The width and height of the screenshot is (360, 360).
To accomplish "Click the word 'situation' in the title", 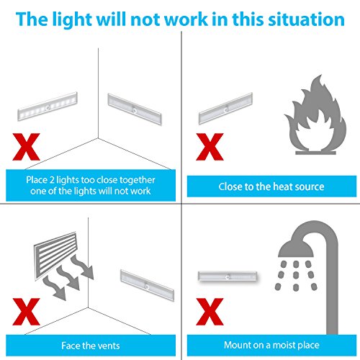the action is pyautogui.click(x=306, y=19).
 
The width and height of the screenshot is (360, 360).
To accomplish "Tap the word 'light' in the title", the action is pyautogui.click(x=72, y=20).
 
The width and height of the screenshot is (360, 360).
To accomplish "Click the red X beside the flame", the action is pyautogui.click(x=210, y=147).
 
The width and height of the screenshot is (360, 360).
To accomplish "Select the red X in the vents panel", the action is pyautogui.click(x=26, y=312).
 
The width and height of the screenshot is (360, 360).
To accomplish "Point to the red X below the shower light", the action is pyautogui.click(x=210, y=312).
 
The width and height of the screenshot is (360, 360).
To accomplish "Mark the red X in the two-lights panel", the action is pyautogui.click(x=26, y=147).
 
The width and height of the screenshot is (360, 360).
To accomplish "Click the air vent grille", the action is pyautogui.click(x=55, y=256).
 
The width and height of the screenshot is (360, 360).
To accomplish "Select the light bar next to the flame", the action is pyautogui.click(x=225, y=109).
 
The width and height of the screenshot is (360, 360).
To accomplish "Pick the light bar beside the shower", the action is pyautogui.click(x=228, y=277).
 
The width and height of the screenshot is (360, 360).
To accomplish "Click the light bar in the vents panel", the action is pyautogui.click(x=147, y=285).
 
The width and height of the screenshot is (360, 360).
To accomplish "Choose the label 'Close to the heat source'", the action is pyautogui.click(x=271, y=186).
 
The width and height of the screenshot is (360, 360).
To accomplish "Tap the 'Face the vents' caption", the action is pyautogui.click(x=91, y=346).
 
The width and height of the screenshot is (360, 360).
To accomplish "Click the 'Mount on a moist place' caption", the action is pyautogui.click(x=271, y=345).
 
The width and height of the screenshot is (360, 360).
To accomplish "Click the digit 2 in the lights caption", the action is pyautogui.click(x=52, y=180).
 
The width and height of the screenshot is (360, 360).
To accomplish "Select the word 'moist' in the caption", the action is pyautogui.click(x=283, y=345).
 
